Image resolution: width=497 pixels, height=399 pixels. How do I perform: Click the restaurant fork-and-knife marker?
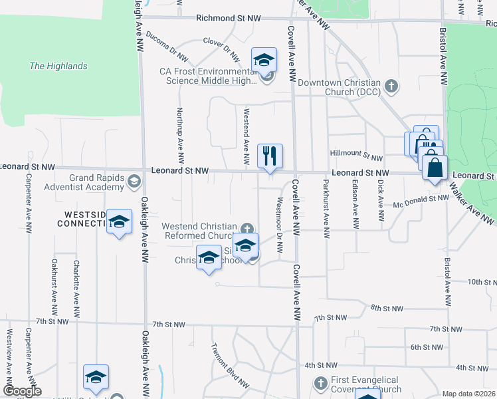pyautogui.click(x=270, y=156)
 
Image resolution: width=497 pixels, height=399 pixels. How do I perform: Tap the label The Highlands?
pyautogui.click(x=58, y=66)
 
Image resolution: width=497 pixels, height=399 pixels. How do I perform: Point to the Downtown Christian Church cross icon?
pyautogui.click(x=392, y=85)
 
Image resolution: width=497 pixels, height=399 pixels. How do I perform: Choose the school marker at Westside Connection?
pyautogui.click(x=120, y=221)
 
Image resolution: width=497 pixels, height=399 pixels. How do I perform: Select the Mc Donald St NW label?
pyautogui.click(x=421, y=198)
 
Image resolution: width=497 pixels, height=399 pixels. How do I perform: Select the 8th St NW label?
pyautogui.click(x=387, y=308)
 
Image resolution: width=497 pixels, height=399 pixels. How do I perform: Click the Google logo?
pyautogui.click(x=22, y=391)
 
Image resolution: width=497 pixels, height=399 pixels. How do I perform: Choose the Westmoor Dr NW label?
pyautogui.click(x=280, y=225)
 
